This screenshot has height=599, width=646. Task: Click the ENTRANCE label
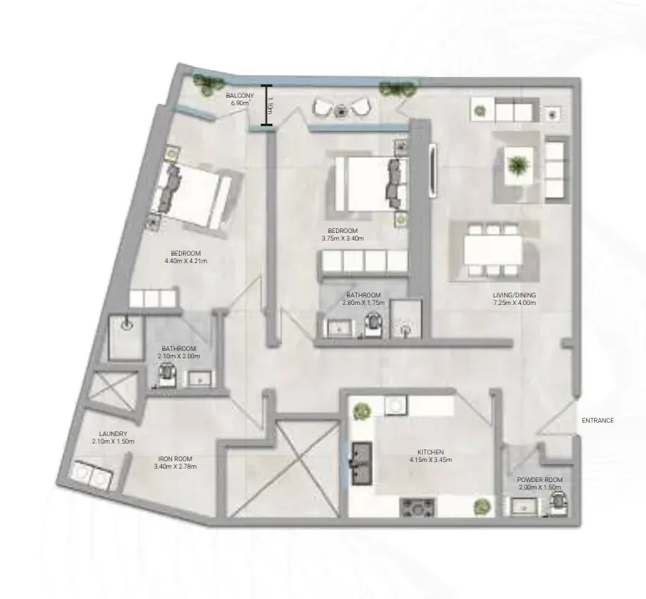coord(598,420)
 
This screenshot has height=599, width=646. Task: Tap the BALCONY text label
coord(240,95)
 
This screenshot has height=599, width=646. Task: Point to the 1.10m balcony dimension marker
coord(267,105)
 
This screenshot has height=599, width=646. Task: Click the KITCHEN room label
coord(430,452)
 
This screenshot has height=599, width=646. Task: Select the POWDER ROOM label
coord(540,480)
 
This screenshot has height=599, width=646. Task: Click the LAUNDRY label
coord(113,434)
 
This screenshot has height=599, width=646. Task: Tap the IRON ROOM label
coord(175,459)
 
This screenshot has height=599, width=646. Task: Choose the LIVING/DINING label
coord(514,295)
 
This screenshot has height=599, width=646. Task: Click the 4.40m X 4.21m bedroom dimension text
coord(186,261)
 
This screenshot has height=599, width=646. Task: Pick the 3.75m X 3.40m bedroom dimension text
coord(343,238)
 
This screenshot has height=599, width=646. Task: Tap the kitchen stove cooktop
coord(417,507)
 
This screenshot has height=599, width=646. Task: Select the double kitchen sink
coord(362,463)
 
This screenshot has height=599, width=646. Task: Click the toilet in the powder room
coord(558,504)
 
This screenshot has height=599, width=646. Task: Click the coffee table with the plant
coord(518,165)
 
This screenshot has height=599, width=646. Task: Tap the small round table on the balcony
coord(340,110)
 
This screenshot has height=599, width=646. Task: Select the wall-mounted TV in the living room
coord(432,170)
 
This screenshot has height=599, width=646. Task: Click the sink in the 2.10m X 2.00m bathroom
coord(200,378)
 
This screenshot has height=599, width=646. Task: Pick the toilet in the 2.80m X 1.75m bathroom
coord(374,323)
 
